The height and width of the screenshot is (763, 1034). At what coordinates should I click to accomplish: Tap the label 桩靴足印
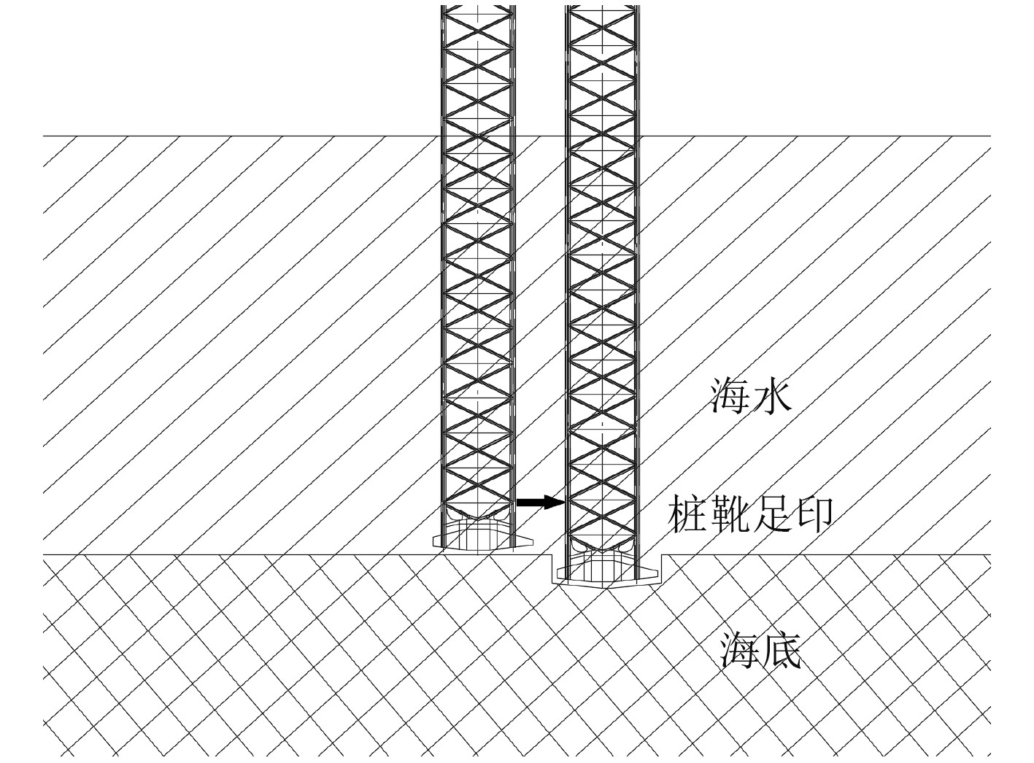tap(751, 515)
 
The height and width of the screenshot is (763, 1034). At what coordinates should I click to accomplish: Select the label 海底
tap(761, 651)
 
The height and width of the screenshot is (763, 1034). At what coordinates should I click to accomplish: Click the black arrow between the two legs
tap(540, 502)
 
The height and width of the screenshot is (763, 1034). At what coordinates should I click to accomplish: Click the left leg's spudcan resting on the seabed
tap(478, 538)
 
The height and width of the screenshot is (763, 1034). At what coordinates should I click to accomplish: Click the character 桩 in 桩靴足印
tap(688, 515)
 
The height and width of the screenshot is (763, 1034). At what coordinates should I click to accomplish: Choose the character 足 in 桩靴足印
tap(772, 515)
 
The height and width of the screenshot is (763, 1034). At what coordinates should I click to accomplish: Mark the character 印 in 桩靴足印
tap(813, 515)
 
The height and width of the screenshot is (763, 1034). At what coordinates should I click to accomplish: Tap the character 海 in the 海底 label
tap(740, 651)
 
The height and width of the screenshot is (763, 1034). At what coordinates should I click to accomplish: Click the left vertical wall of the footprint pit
tap(551, 568)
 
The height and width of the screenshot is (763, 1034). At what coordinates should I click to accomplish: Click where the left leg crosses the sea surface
tap(478, 136)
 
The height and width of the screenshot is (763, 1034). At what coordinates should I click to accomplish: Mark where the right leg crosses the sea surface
tap(603, 136)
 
